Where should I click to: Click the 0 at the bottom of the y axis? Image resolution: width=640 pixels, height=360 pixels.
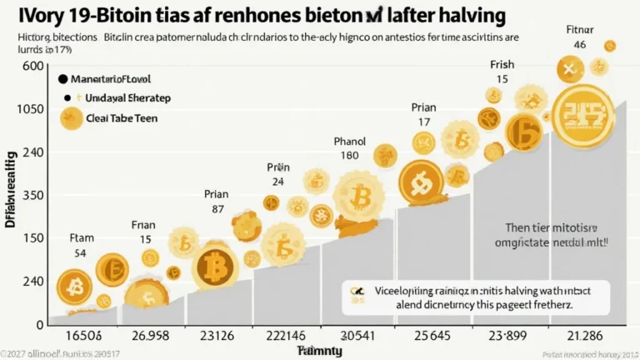point(38,324)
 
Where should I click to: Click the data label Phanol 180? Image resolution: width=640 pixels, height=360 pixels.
point(350,147)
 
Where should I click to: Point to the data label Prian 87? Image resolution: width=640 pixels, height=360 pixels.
point(216,202)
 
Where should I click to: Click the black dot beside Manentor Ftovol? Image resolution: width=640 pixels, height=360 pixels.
point(62,81)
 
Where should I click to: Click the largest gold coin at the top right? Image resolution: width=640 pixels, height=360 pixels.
point(583,115)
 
